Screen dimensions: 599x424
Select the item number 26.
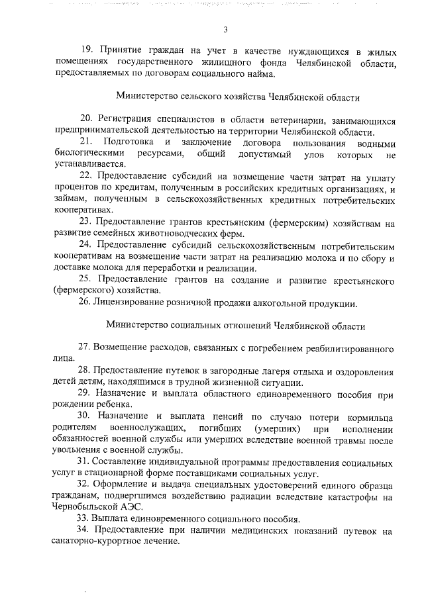tap(84, 304)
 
